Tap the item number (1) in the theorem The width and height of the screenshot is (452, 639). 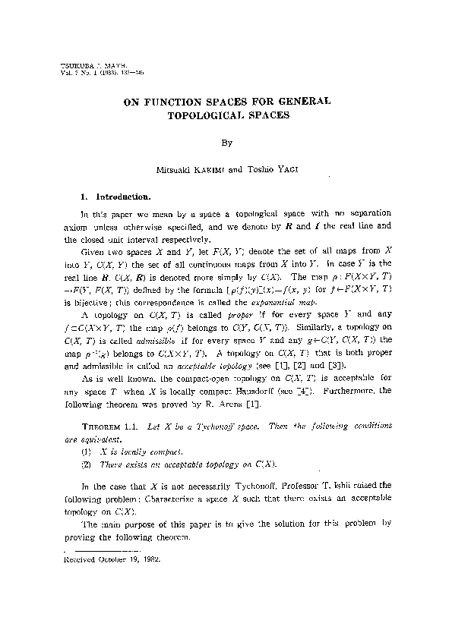coord(86,451)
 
